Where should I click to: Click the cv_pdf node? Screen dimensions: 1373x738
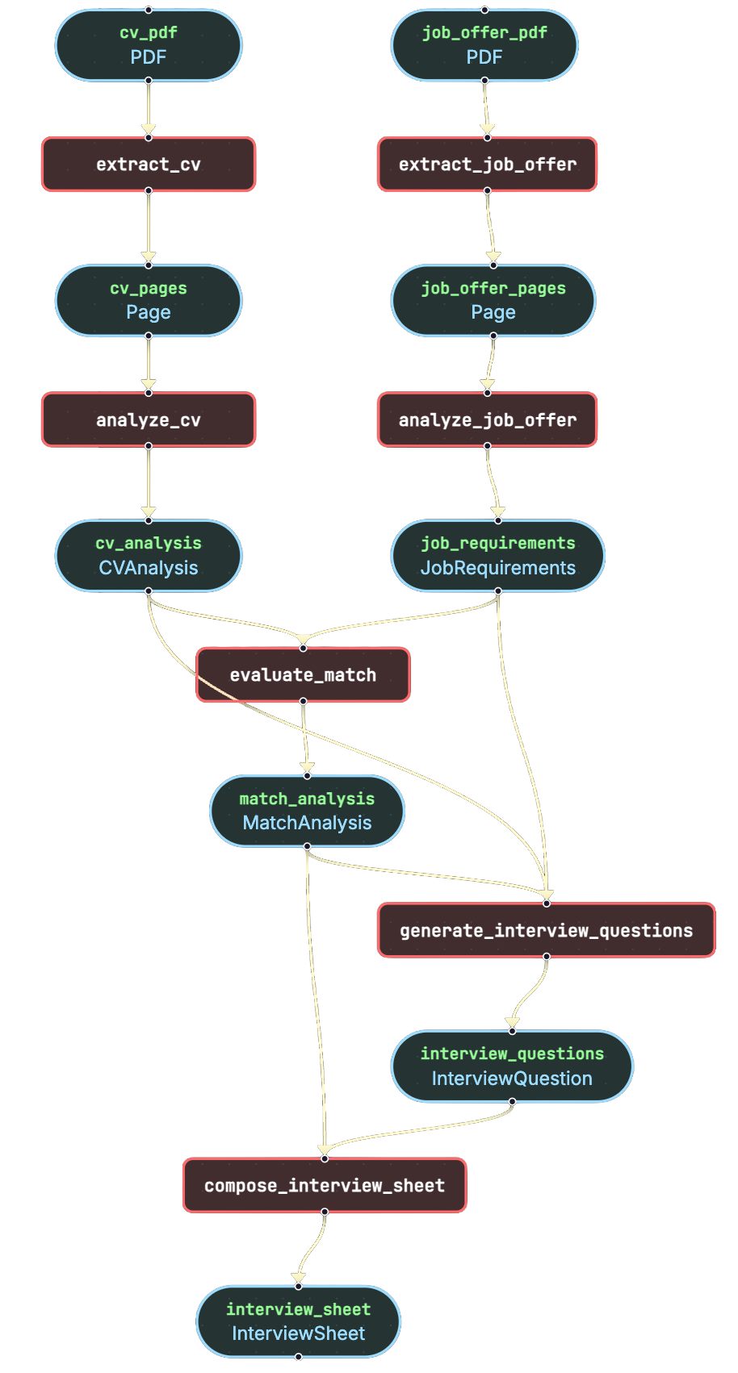pyautogui.click(x=149, y=45)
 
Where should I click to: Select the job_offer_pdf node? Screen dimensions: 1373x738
pyautogui.click(x=484, y=45)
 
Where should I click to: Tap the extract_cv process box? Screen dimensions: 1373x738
pyautogui.click(x=149, y=165)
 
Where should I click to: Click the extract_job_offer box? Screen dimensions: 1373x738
pyautogui.click(x=488, y=165)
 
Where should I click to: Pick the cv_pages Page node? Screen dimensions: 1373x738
pyautogui.click(x=149, y=300)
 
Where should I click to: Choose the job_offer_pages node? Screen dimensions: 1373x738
pyautogui.click(x=493, y=300)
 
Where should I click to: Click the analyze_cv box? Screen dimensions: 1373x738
pyautogui.click(x=149, y=419)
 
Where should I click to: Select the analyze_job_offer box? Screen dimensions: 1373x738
pyautogui.click(x=488, y=419)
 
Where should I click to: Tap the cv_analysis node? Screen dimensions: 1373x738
pyautogui.click(x=149, y=556)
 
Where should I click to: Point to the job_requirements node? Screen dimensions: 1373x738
pyautogui.click(x=498, y=556)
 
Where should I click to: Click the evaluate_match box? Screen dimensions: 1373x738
pyautogui.click(x=304, y=675)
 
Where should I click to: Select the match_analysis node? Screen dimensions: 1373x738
pyautogui.click(x=307, y=811)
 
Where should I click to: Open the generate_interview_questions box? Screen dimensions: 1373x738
pyautogui.click(x=547, y=930)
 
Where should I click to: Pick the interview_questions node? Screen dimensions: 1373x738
pyautogui.click(x=512, y=1066)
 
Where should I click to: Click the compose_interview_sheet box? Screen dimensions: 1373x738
pyautogui.click(x=325, y=1186)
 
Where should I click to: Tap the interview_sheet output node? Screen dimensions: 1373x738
pyautogui.click(x=299, y=1321)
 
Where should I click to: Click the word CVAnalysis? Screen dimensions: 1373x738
pyautogui.click(x=149, y=568)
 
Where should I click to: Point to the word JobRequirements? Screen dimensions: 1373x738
pyautogui.click(x=498, y=568)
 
